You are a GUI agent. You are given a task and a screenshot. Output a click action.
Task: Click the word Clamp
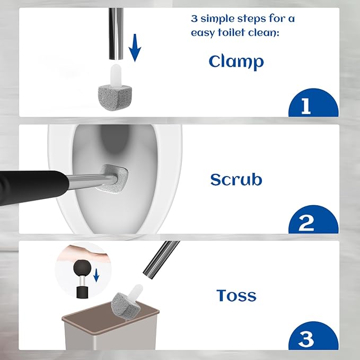point(236,62)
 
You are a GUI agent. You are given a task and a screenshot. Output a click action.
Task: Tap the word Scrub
point(236,180)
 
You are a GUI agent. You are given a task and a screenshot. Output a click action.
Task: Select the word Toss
point(236,295)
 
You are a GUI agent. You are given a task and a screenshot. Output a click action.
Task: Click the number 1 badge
point(313,103)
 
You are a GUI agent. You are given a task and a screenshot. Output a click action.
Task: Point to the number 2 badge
point(313,219)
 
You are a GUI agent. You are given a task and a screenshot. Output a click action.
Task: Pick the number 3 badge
point(313,336)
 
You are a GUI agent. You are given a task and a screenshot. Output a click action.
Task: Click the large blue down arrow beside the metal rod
point(135,48)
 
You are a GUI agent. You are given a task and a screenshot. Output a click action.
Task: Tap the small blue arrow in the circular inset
point(96,275)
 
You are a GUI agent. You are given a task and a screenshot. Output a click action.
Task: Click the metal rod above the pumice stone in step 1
point(116,34)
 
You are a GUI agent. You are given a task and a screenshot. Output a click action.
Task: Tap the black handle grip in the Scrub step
point(32,188)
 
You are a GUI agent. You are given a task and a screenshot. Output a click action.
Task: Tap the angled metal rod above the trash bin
point(161,260)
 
